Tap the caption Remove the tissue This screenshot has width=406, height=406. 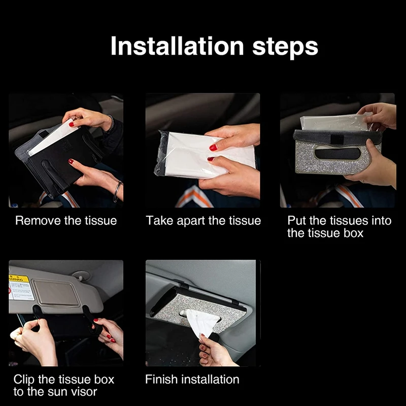click(66, 221)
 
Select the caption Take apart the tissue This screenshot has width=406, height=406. click(203, 221)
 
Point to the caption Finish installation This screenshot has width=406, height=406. click(192, 379)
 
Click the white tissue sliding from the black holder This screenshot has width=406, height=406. click(51, 139)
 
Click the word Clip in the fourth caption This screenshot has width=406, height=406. click(25, 379)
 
